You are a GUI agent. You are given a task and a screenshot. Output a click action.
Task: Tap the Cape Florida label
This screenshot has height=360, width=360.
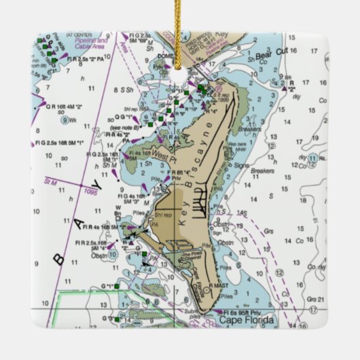click(247, 319)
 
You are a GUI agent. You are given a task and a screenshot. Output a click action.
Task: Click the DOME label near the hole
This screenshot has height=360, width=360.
click(165, 56)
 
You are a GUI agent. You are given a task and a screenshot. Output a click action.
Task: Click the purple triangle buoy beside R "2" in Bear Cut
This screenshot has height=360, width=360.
click(285, 88)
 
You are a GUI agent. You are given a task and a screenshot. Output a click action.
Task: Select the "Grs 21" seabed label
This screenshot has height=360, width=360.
click(312, 299)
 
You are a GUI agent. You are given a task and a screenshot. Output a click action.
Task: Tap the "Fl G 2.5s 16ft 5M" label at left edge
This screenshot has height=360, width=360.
click(60, 143)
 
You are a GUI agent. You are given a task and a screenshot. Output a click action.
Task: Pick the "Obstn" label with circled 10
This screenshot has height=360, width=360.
click(101, 256)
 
